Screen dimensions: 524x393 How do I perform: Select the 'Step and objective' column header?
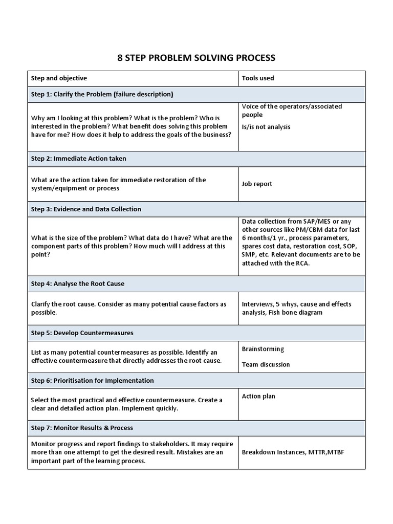tap(59, 78)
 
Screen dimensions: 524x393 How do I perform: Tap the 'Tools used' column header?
tap(257, 78)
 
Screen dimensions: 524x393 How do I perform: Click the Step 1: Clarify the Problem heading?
tap(102, 94)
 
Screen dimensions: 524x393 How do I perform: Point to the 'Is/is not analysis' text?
tap(266, 126)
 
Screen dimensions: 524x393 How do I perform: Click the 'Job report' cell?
tap(257, 184)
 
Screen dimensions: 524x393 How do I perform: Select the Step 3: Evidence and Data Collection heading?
tap(86, 209)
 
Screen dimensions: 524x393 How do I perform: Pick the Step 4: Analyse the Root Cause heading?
tap(77, 283)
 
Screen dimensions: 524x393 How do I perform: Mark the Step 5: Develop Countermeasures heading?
tap(82, 333)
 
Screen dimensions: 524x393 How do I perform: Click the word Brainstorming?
tap(263, 349)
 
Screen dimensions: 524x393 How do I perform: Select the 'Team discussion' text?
tap(266, 364)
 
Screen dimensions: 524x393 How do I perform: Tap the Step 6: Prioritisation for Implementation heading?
tap(92, 381)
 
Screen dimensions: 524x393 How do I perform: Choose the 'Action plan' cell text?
tap(258, 396)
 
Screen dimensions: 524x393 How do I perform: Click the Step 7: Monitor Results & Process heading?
tap(82, 428)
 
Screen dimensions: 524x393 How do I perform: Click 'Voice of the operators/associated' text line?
tap(292, 106)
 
